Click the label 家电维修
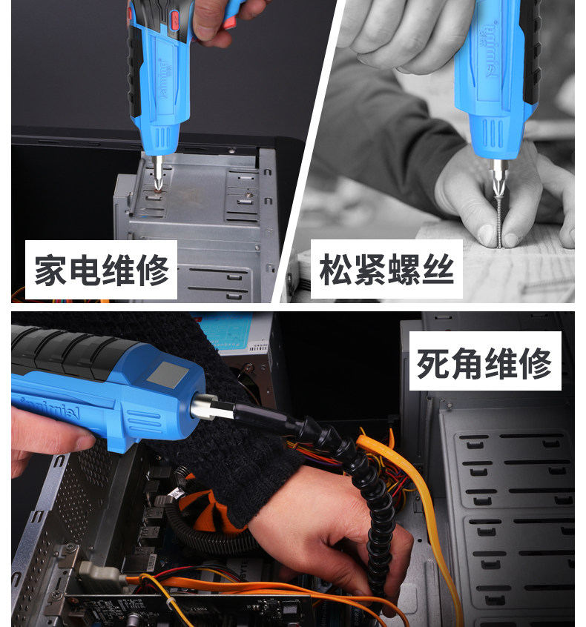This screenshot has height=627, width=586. click(x=102, y=270)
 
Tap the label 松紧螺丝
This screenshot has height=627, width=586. click(x=386, y=270)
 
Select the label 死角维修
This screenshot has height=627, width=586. click(x=484, y=362)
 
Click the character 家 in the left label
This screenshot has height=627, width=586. click(x=50, y=271)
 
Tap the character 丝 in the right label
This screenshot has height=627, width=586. click(x=438, y=270)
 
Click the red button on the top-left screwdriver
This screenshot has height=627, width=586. click(x=175, y=19)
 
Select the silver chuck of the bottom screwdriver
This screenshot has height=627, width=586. click(x=205, y=407)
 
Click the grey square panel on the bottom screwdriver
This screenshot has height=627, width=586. click(x=168, y=374)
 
